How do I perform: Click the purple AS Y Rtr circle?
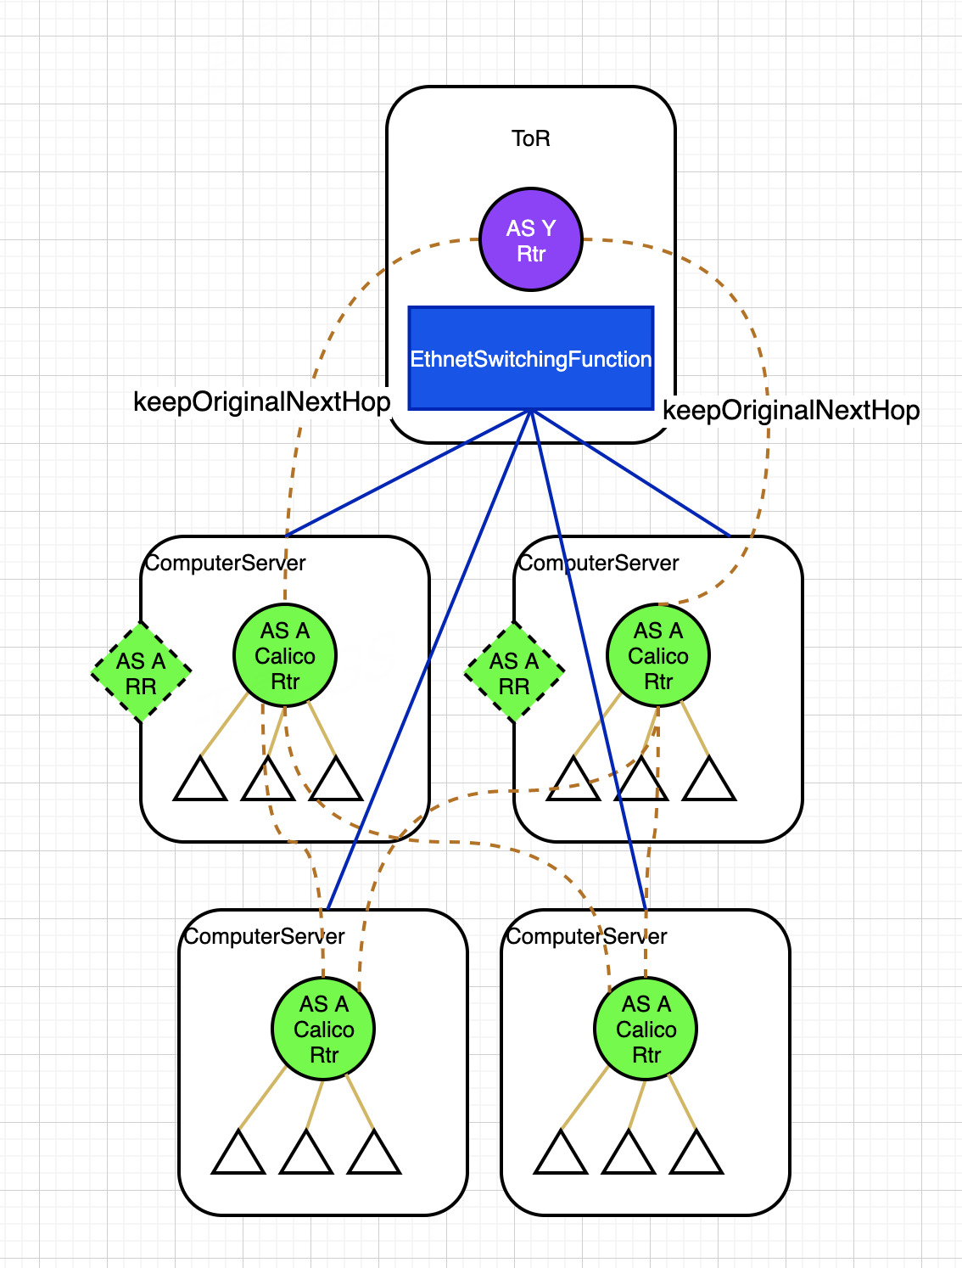pos(531,240)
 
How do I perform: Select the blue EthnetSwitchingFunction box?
pos(531,359)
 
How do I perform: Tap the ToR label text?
pos(531,138)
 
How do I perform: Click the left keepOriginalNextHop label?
pos(262,401)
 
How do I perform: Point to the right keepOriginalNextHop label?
pos(791,411)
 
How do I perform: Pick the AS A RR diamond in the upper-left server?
pos(141,673)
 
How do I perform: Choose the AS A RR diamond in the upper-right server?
pos(514,673)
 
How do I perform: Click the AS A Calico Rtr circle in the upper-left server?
pos(285,656)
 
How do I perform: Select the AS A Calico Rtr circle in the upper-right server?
pos(658,656)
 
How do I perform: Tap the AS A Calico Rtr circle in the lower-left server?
pos(323,1029)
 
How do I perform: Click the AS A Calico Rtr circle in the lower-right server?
pos(646,1029)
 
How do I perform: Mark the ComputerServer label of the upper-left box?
pos(226,564)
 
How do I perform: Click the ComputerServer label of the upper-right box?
pos(599,564)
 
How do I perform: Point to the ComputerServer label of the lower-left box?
pos(265,937)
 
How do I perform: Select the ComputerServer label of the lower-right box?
pos(587,937)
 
